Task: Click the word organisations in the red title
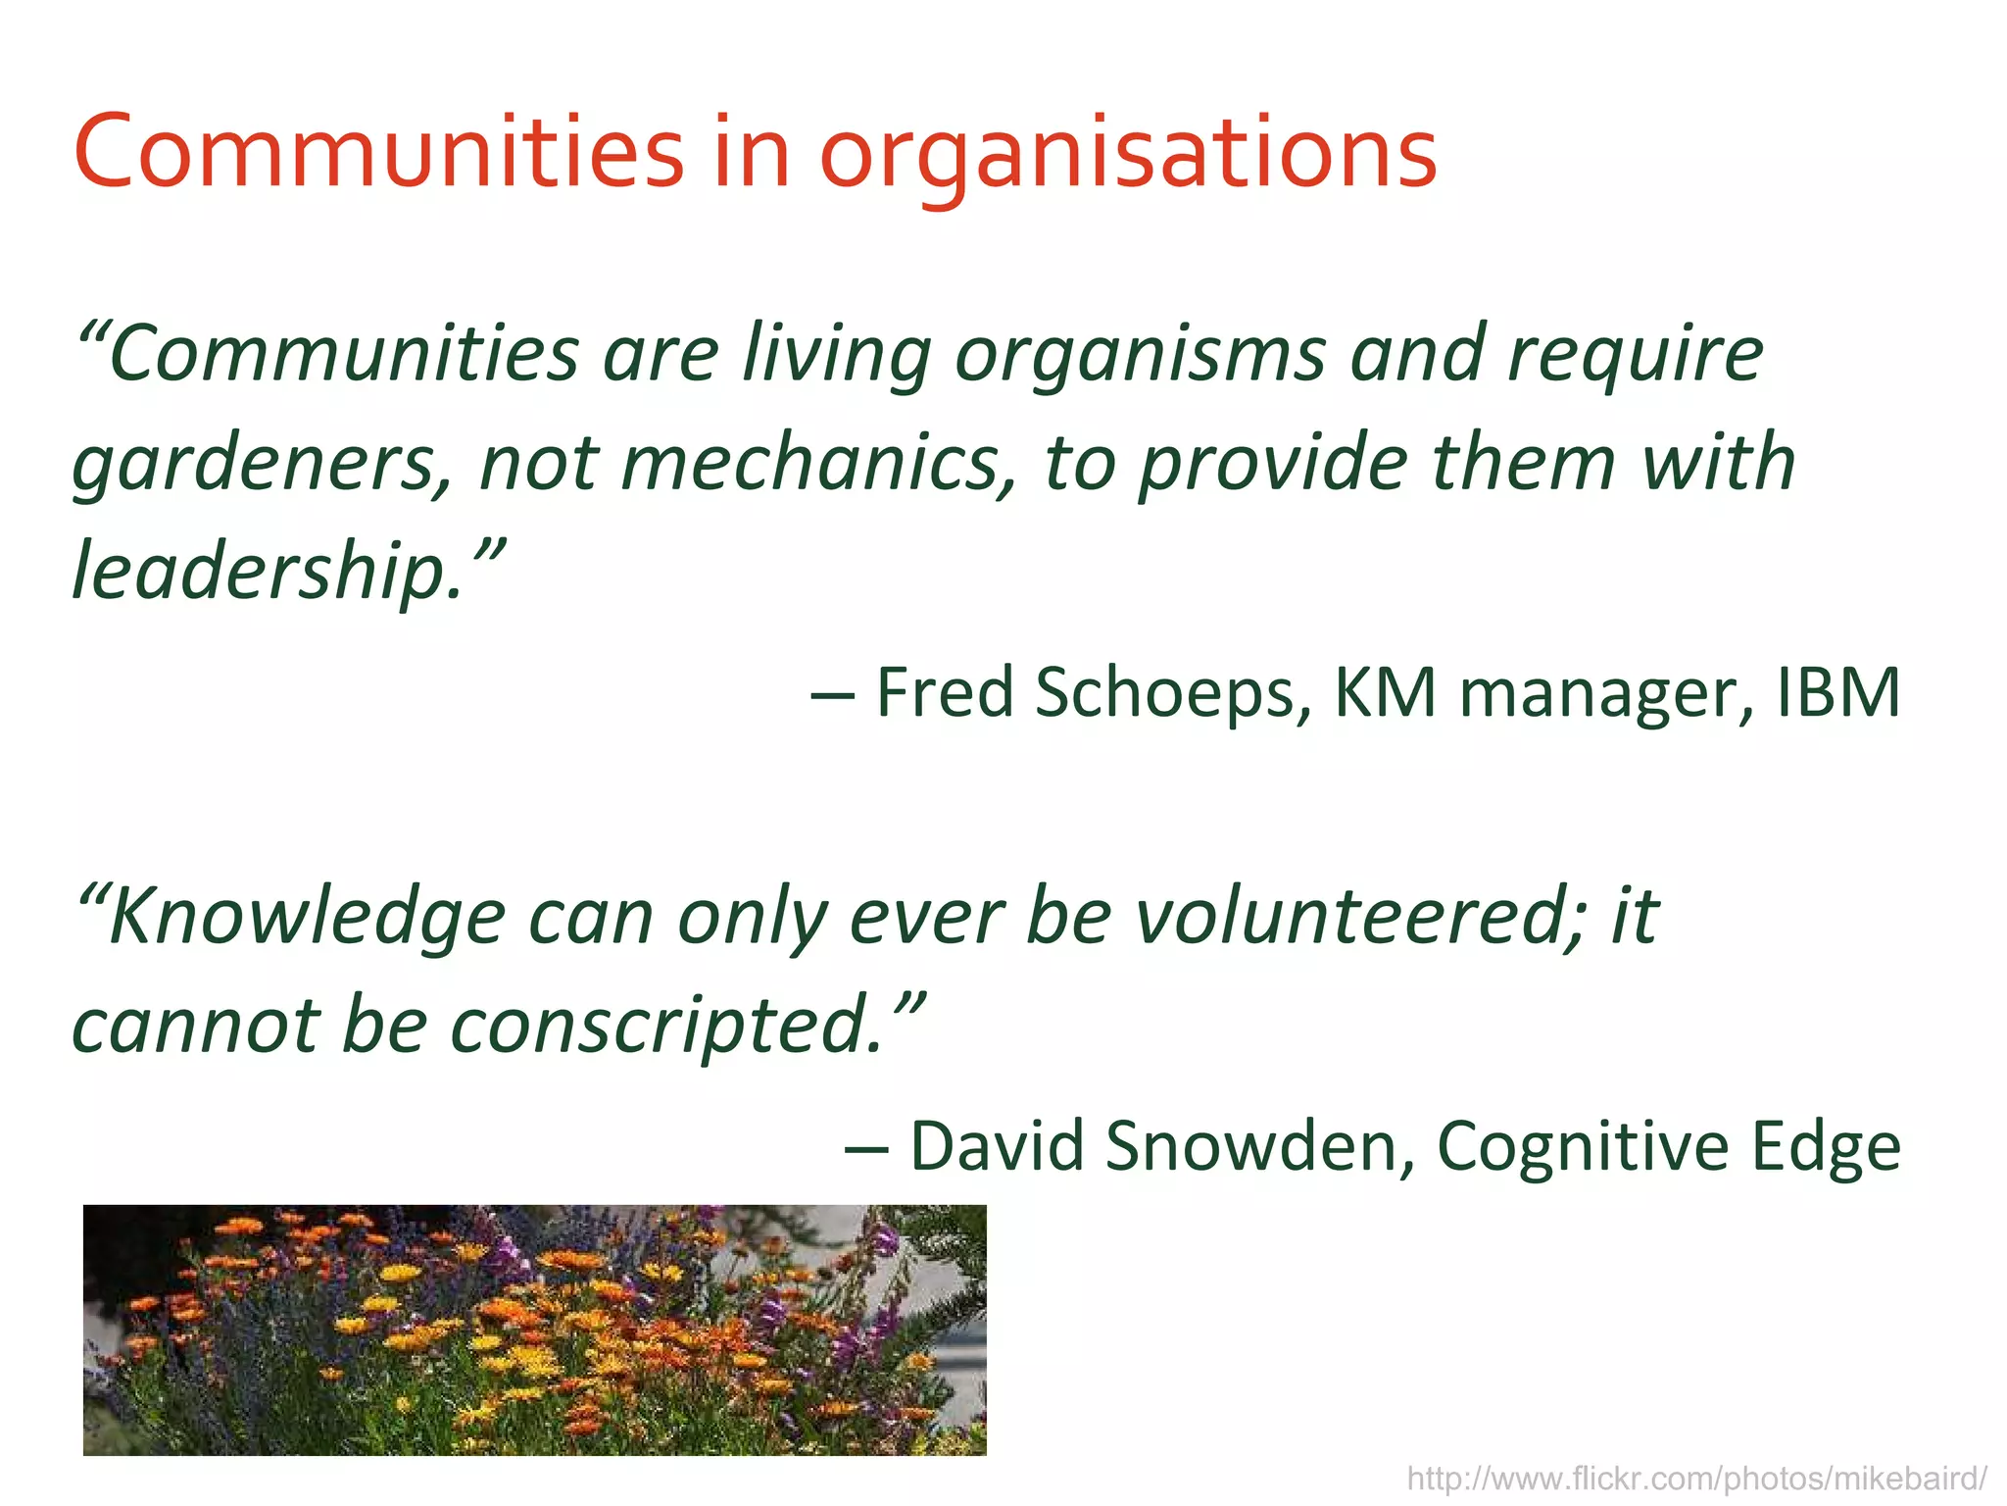(1127, 154)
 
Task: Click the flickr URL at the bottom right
(1696, 1478)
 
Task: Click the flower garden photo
(534, 1330)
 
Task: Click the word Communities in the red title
(378, 154)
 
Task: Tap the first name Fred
(945, 692)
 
